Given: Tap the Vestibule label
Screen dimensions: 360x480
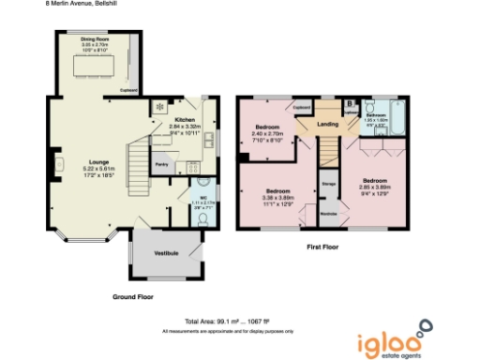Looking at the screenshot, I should (x=167, y=253).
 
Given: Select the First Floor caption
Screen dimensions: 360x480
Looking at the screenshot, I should (x=323, y=247).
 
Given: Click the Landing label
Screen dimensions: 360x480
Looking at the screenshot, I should (x=327, y=124).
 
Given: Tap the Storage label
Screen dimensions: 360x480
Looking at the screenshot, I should (x=328, y=184).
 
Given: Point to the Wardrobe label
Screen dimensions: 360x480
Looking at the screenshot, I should (x=328, y=214).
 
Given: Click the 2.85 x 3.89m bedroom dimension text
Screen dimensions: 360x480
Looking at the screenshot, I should (x=375, y=185).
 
